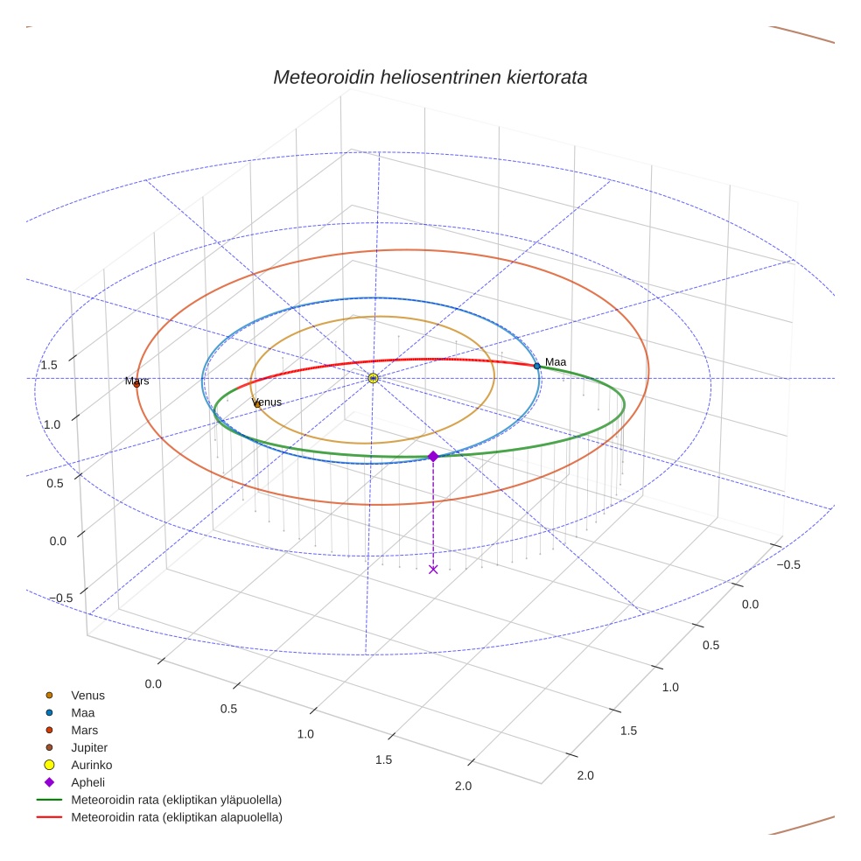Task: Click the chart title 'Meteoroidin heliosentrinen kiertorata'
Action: [x=430, y=77]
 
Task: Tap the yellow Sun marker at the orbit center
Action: [x=374, y=378]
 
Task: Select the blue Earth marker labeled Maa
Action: [x=537, y=366]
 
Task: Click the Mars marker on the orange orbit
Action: [x=136, y=383]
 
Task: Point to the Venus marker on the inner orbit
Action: [x=256, y=403]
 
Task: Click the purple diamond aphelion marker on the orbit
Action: [x=433, y=456]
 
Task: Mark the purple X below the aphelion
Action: [x=433, y=570]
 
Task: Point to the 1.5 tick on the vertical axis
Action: [x=49, y=365]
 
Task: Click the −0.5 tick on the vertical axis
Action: [x=61, y=598]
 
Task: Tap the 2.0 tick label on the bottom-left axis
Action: [x=463, y=786]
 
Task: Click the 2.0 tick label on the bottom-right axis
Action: [x=585, y=775]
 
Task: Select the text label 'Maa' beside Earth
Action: [x=556, y=362]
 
